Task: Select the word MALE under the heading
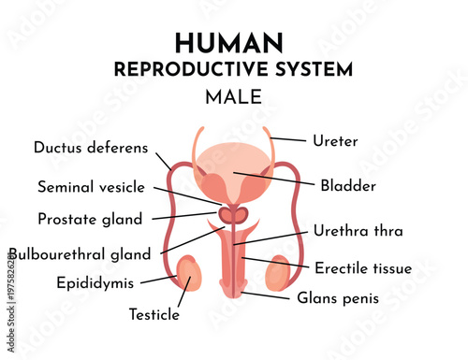click(232, 96)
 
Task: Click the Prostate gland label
click(90, 220)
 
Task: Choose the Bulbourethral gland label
click(80, 253)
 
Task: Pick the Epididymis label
click(95, 282)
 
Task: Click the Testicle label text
click(154, 315)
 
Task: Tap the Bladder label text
click(347, 185)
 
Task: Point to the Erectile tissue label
click(363, 268)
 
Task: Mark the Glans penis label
click(337, 299)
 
